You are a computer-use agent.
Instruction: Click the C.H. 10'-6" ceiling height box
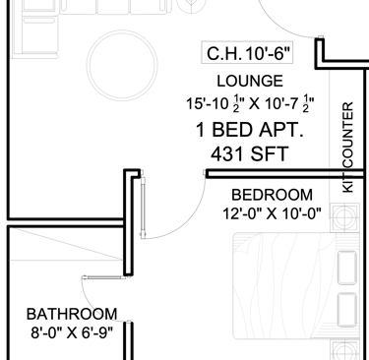coord(247,52)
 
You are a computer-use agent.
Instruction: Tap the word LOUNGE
coord(250,81)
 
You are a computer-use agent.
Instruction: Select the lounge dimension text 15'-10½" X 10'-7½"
coord(250,104)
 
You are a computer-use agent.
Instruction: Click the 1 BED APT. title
coord(250,130)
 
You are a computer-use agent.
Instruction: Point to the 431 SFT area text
coord(250,154)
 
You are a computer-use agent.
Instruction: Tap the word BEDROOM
coord(272,195)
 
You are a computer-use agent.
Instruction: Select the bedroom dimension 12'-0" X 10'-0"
coord(272,214)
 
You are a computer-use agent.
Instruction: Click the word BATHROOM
coord(72,314)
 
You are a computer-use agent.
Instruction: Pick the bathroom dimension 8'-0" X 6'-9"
coord(72,333)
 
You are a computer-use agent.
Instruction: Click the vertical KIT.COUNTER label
coord(347,148)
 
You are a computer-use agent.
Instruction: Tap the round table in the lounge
coord(122,65)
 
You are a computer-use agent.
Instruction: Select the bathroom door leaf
coord(105,277)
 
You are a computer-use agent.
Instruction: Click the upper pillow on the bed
coord(346,268)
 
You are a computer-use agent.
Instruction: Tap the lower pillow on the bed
coord(346,310)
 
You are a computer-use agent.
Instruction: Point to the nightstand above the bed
coord(344,217)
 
